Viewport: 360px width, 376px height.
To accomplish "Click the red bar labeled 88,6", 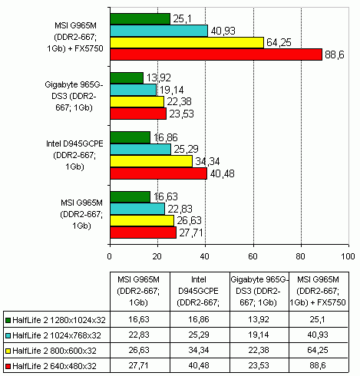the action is pyautogui.click(x=216, y=54).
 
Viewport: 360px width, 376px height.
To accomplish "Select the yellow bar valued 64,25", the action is pyautogui.click(x=187, y=42).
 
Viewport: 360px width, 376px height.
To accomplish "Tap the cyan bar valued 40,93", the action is pyautogui.click(x=159, y=31).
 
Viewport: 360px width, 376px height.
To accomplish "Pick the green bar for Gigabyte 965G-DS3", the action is pyautogui.click(x=127, y=78).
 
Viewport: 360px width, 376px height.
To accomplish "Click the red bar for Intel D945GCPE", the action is pyautogui.click(x=158, y=173).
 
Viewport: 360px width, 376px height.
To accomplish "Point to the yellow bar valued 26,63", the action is pyautogui.click(x=142, y=221).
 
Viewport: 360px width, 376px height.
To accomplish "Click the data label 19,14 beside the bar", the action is pyautogui.click(x=172, y=90).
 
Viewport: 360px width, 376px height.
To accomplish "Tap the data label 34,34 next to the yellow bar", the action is pyautogui.click(x=207, y=161).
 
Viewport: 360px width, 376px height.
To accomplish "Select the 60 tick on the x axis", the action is pyautogui.click(x=253, y=256).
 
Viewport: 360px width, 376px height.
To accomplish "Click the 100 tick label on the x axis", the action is pyautogui.click(x=348, y=256).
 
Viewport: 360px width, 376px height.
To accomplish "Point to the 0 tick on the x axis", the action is pyautogui.click(x=110, y=256).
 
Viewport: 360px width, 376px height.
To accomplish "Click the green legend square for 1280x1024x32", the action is pyautogui.click(x=8, y=320).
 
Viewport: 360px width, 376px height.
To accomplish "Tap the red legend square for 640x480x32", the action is pyautogui.click(x=8, y=366).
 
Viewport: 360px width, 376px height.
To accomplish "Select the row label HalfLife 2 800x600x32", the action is pyautogui.click(x=54, y=351).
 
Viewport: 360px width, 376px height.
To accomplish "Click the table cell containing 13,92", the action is pyautogui.click(x=259, y=319).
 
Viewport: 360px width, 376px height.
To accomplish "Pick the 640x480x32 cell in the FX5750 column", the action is pyautogui.click(x=319, y=365).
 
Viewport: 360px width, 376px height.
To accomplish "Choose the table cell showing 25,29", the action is pyautogui.click(x=200, y=335).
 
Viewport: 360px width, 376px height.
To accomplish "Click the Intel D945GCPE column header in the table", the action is pyautogui.click(x=200, y=291).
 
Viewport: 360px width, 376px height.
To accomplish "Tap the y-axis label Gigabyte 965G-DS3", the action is pyautogui.click(x=74, y=96).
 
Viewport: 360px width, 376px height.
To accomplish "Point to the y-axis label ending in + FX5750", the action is pyautogui.click(x=75, y=37).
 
